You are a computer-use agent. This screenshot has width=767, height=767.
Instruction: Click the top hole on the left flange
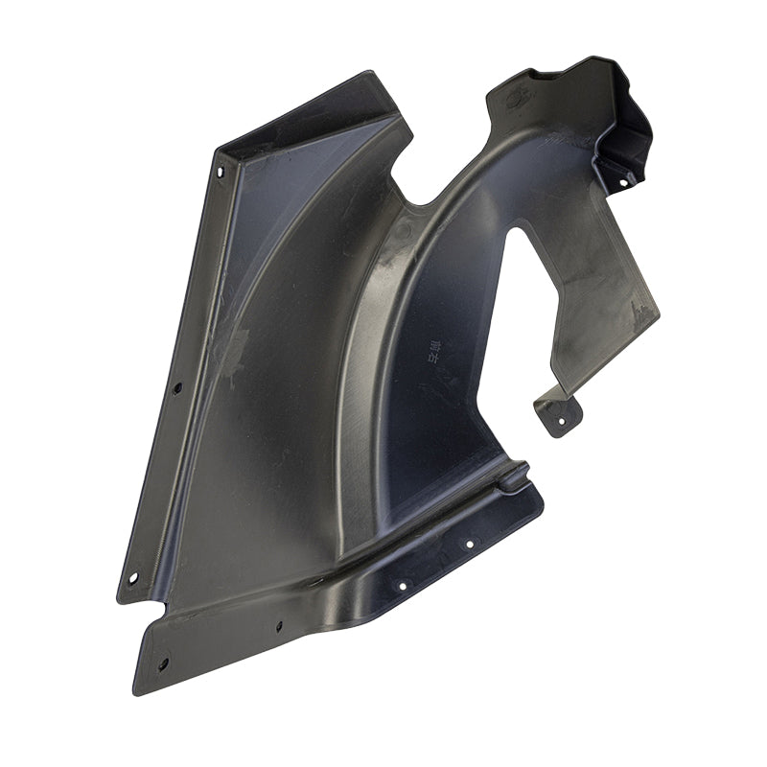pyautogui.click(x=220, y=173)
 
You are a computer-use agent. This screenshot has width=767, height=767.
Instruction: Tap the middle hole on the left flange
pyautogui.click(x=176, y=388)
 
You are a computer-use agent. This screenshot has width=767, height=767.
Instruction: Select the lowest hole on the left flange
pyautogui.click(x=132, y=577)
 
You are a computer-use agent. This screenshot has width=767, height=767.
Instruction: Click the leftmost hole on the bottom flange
pyautogui.click(x=163, y=662)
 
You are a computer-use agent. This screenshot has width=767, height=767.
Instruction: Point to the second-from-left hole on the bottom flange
pyautogui.click(x=279, y=626)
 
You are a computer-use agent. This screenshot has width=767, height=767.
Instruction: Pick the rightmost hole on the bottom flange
pyautogui.click(x=470, y=544)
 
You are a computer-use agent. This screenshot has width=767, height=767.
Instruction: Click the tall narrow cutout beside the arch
pyautogui.click(x=523, y=288)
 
